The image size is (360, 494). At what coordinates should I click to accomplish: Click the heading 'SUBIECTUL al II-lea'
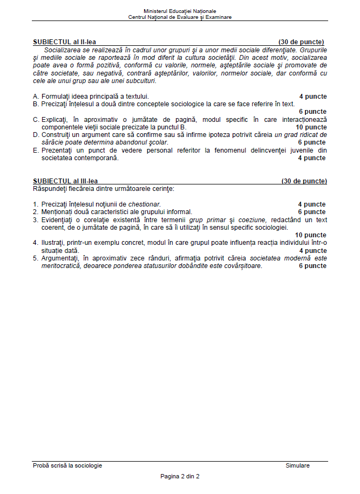coord(64,42)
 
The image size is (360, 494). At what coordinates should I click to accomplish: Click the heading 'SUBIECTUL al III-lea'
coord(65,181)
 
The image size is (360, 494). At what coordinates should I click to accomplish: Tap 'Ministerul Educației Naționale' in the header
coord(180,11)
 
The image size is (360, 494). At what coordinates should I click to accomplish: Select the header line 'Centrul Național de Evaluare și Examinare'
coord(180,17)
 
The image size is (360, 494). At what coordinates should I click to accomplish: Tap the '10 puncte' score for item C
coord(311,127)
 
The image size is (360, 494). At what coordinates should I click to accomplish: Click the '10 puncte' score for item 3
coord(311,235)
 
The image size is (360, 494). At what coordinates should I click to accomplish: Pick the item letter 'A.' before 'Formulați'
coord(36,97)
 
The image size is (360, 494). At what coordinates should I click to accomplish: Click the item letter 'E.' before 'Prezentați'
coord(36,150)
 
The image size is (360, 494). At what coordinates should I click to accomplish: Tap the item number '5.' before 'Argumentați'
coord(36,258)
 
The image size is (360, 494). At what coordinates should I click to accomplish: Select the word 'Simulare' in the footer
coord(297,465)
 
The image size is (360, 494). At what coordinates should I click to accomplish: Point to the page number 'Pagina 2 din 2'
coord(180,476)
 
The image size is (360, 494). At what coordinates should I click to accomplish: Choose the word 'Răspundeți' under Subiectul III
coord(49,189)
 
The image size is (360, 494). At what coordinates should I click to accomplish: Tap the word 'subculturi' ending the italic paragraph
coord(141,81)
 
